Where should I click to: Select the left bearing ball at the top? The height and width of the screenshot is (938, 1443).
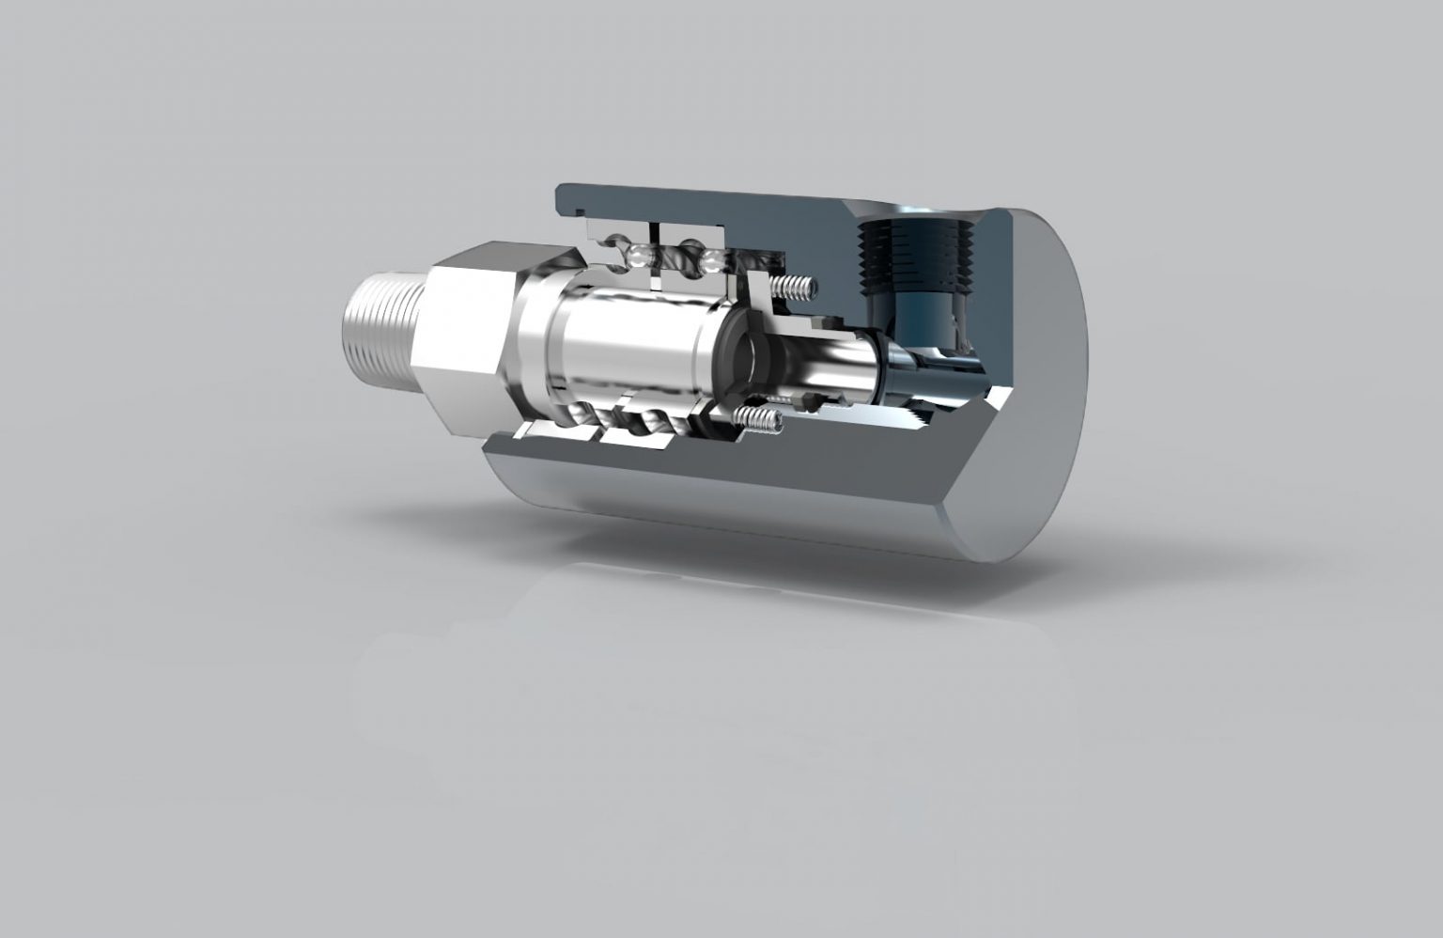(x=637, y=254)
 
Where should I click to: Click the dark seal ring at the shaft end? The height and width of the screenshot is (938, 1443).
(x=742, y=357)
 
